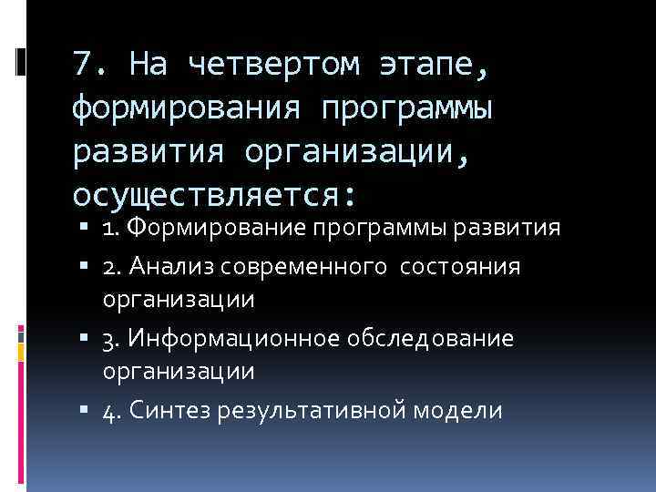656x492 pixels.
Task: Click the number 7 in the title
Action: (x=82, y=66)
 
